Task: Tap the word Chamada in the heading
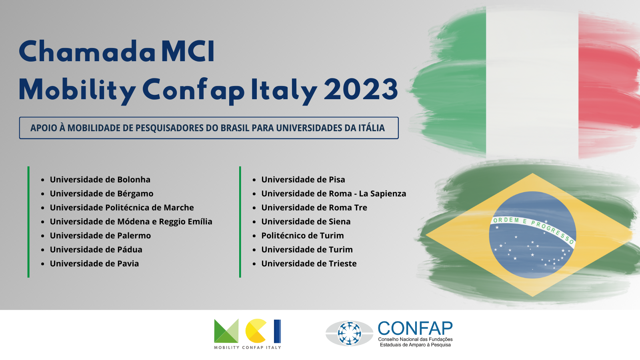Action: (x=88, y=52)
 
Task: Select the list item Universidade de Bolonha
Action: (x=100, y=180)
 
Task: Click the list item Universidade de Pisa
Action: (x=303, y=180)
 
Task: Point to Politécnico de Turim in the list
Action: (x=302, y=236)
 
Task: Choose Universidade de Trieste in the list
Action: (x=309, y=264)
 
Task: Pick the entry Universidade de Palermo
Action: (x=100, y=236)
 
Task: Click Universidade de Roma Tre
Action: (x=314, y=208)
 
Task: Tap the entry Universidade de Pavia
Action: (x=94, y=264)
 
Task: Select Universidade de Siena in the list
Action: (x=306, y=222)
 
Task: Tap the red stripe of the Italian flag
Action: (x=608, y=86)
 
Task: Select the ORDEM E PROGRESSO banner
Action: (x=533, y=228)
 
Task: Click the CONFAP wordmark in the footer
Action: (x=415, y=328)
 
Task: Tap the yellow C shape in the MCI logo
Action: (x=256, y=331)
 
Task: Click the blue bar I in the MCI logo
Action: (x=278, y=331)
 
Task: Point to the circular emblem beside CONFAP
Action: (x=349, y=334)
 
